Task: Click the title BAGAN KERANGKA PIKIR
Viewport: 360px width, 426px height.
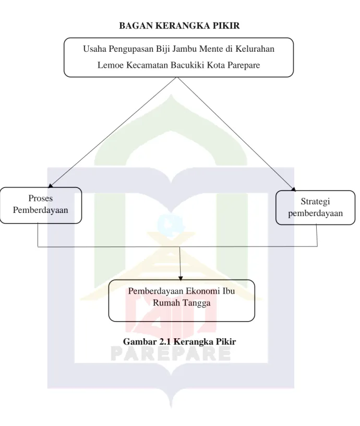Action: [x=179, y=26]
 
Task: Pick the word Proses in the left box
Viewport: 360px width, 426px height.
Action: [x=41, y=198]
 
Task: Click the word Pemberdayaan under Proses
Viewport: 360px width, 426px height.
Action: [x=41, y=210]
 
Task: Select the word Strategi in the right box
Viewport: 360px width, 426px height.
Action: [x=315, y=202]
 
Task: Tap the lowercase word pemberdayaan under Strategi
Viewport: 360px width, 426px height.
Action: [x=316, y=214]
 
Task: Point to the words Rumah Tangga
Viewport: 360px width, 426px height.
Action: [x=182, y=303]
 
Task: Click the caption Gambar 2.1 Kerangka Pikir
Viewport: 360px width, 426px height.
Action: [x=179, y=341]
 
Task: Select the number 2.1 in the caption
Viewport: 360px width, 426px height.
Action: [x=165, y=341]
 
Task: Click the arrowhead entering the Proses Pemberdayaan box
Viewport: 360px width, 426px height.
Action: [x=50, y=186]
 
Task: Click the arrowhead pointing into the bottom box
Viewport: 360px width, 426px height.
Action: [x=181, y=278]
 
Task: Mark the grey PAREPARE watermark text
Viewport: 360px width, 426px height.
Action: [x=171, y=354]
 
